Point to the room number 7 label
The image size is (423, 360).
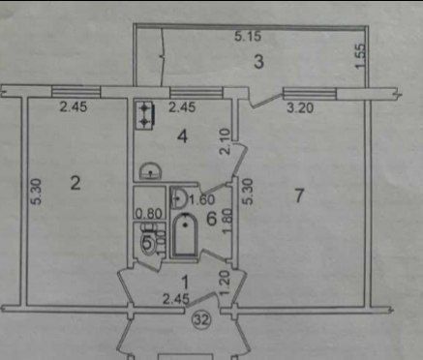coord(300,195)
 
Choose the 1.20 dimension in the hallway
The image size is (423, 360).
coord(224,282)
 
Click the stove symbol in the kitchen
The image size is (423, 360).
coord(146,116)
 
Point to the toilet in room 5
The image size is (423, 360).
coord(148,241)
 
